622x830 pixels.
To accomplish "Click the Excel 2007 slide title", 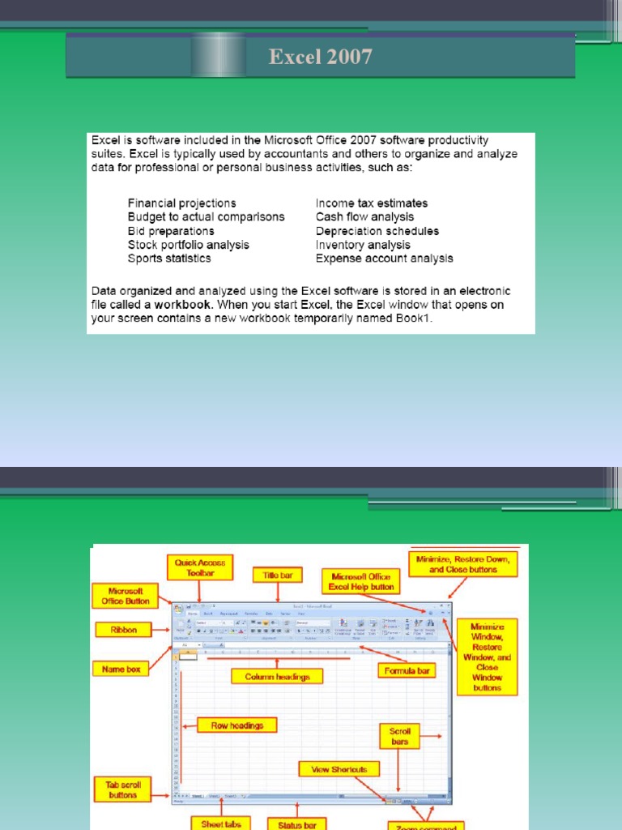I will tap(321, 57).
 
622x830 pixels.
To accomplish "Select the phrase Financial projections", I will tap(181, 203).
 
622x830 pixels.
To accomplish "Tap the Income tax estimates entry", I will tap(371, 203).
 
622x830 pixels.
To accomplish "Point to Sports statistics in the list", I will tap(169, 259).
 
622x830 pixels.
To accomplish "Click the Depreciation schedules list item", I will tap(377, 231).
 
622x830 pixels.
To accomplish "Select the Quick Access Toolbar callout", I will tap(201, 567).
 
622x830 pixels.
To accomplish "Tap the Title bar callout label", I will tap(277, 575).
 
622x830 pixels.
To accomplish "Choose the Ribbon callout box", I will tap(125, 629).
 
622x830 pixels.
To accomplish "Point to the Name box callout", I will tap(121, 670).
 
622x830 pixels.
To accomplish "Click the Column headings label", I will tap(278, 676).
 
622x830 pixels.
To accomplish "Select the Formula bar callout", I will tap(406, 670).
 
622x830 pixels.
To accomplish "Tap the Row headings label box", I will tap(237, 725).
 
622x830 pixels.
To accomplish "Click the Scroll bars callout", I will tap(399, 736).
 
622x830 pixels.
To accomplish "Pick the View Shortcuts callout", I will tap(339, 769).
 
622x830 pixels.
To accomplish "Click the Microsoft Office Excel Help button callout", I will tap(361, 580).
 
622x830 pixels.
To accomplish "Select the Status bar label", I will tap(297, 824).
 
